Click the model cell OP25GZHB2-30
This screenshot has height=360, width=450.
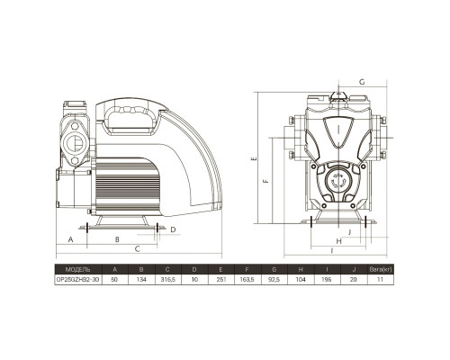[78, 280]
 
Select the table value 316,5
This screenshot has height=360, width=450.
[167, 280]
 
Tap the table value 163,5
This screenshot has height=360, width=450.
[247, 280]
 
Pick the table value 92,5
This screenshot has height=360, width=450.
[274, 280]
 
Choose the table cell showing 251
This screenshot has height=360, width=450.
[220, 280]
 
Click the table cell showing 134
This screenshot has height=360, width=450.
[141, 280]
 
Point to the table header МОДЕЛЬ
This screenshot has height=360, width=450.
[77, 269]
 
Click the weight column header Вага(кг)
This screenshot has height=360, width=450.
[381, 269]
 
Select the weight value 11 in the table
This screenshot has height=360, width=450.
[380, 280]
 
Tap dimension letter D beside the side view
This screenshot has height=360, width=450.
[173, 229]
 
